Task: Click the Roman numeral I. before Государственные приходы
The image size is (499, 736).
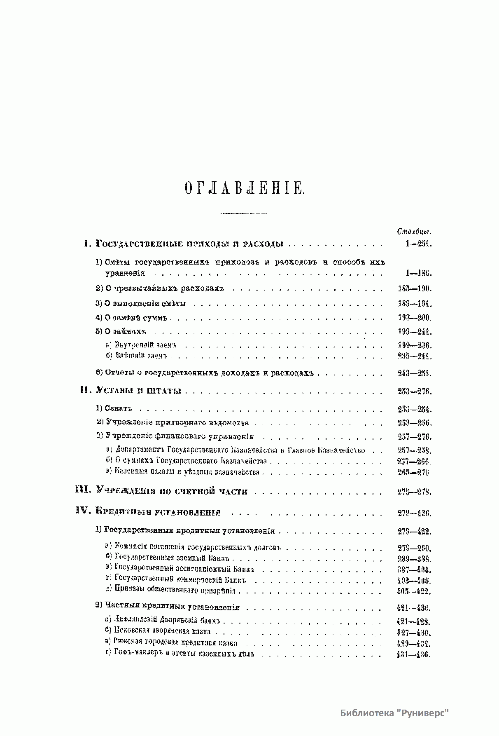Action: pos(87,244)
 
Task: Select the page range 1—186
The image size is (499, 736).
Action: pos(417,273)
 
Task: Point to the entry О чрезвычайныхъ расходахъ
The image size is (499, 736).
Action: pos(164,288)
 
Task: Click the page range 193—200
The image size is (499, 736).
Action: pos(414,318)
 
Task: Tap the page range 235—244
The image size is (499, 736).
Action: pos(414,356)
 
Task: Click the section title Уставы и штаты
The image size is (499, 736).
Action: pos(139,391)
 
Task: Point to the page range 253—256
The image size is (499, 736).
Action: pos(414,423)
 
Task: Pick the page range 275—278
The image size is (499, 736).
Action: pos(414,492)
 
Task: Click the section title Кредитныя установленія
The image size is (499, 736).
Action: pos(159,512)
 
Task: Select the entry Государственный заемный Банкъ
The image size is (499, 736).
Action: pos(172,559)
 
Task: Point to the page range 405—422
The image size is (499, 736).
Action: pos(414,591)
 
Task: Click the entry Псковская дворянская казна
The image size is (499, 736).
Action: pos(163,632)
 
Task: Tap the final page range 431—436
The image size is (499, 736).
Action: pos(413,655)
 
